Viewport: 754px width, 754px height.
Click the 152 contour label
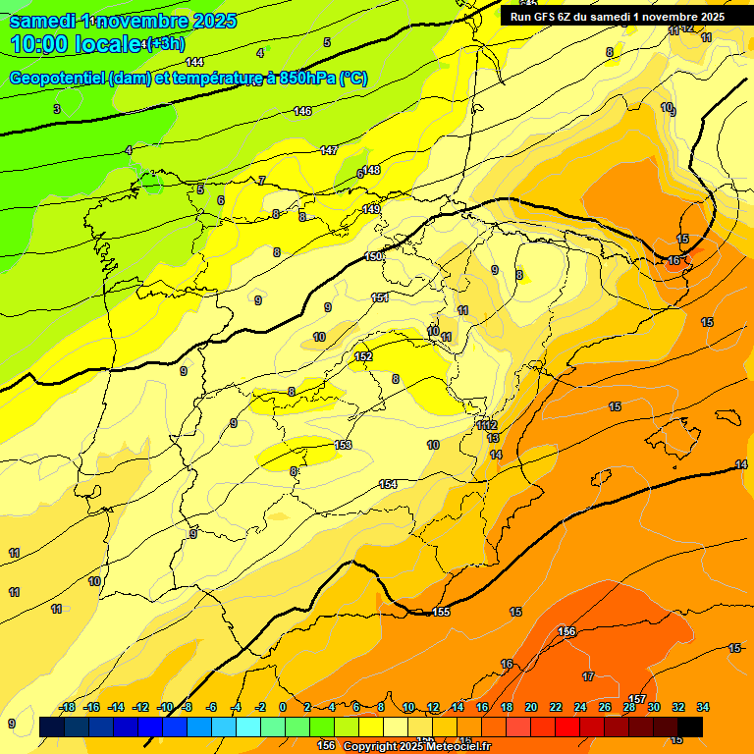[363, 356]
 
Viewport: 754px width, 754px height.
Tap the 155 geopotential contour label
[441, 613]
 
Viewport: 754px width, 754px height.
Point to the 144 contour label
[194, 62]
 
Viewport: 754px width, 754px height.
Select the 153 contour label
[343, 445]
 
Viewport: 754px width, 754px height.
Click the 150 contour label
[374, 256]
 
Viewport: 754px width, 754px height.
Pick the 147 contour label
[329, 150]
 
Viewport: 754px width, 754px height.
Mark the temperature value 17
[588, 676]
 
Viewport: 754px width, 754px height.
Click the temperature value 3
[57, 109]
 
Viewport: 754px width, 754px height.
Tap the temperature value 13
[493, 438]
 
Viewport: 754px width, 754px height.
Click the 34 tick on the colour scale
[703, 707]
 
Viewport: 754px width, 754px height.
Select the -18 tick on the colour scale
[68, 707]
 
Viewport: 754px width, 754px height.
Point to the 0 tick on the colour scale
[283, 707]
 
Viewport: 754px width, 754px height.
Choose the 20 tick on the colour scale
[531, 707]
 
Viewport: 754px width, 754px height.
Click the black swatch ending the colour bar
[690, 727]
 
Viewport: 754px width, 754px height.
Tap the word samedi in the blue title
[43, 20]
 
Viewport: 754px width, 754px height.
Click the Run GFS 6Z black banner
[618, 16]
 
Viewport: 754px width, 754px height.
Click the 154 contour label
[388, 484]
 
